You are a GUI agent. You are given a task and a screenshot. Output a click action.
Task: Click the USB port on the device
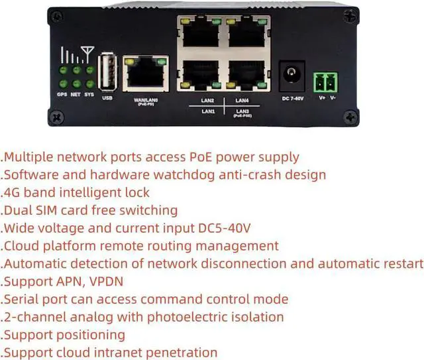[107, 72]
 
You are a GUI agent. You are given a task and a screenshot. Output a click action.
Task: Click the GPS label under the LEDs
[62, 94]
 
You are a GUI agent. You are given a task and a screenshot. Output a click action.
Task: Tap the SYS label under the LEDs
[89, 94]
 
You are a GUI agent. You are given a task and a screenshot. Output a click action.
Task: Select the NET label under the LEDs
[76, 94]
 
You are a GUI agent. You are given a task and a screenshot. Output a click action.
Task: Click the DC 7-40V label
[293, 98]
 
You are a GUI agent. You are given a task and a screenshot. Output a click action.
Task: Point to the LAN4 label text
[242, 100]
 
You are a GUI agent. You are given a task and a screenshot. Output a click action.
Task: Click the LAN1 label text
[208, 111]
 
